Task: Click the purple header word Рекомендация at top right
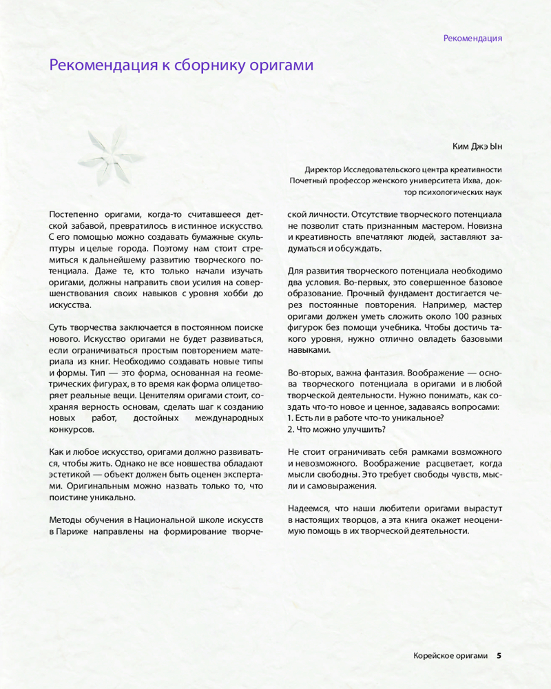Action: (472, 39)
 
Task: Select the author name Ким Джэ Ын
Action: (477, 146)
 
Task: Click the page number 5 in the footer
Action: (499, 655)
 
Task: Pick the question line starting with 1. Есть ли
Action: (365, 418)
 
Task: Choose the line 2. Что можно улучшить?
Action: (336, 429)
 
